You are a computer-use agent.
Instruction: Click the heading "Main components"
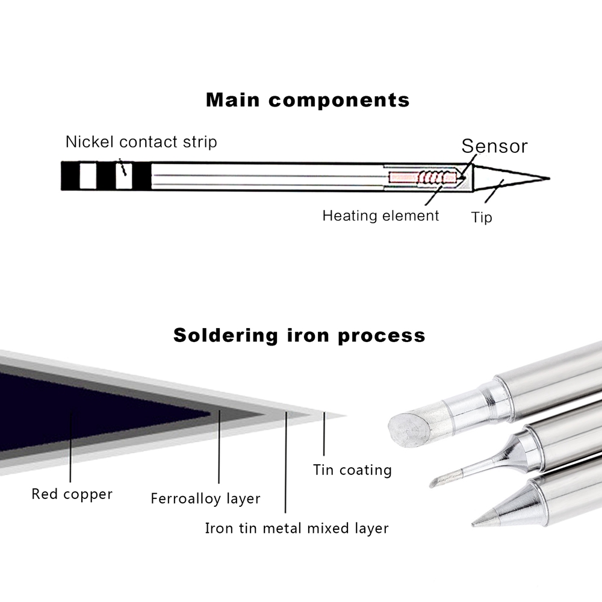point(308,99)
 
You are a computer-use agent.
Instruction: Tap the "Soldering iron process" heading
point(299,335)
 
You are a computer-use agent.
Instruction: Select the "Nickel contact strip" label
point(141,142)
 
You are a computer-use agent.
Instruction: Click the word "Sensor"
point(494,146)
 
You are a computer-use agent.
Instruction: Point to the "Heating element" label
point(380,216)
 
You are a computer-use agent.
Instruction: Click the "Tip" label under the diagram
point(482,217)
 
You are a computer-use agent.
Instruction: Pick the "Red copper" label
point(72,495)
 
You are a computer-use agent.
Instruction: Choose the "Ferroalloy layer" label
point(205,498)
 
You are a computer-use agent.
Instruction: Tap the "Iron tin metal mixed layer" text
point(297,529)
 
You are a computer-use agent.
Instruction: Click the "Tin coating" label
point(352,470)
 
